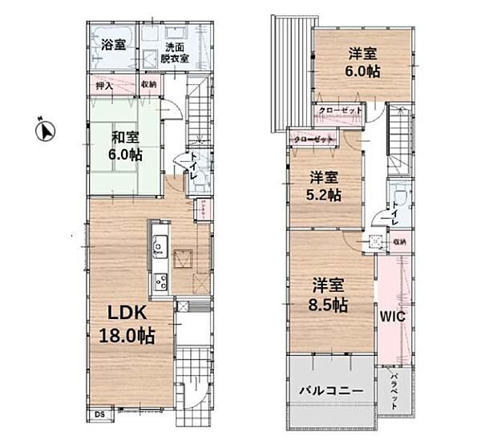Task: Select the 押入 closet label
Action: (x=103, y=83)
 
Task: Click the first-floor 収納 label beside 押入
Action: (x=149, y=83)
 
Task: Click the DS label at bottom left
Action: (x=99, y=414)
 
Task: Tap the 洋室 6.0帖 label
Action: (x=363, y=63)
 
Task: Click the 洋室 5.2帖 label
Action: (x=325, y=186)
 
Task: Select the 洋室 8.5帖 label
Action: (x=329, y=294)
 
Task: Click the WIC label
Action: (x=393, y=317)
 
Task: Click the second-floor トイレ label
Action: (x=395, y=213)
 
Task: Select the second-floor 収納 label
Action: (x=398, y=241)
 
